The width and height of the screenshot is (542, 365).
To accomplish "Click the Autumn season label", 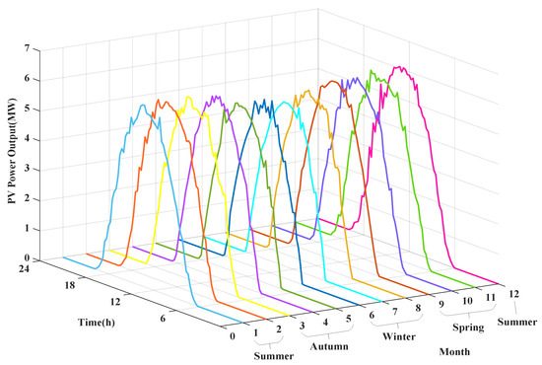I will [330, 347].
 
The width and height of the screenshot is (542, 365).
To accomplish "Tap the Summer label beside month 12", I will [518, 323].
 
